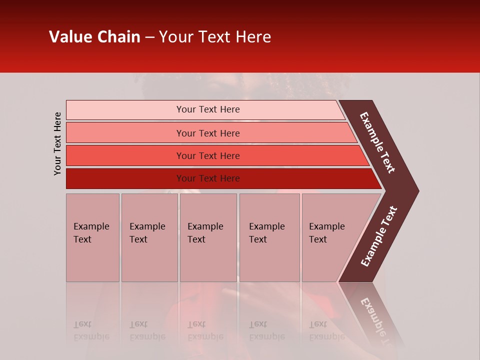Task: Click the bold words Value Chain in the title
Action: point(94,37)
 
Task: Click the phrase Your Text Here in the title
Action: point(215,37)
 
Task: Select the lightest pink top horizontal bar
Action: point(125,109)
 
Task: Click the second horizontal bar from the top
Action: point(125,133)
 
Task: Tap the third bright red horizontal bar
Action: point(125,155)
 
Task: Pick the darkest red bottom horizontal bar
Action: point(125,178)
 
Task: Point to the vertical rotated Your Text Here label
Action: point(57,143)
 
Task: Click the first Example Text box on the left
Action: point(92,237)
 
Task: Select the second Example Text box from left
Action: point(149,237)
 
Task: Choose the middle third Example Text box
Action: point(208,237)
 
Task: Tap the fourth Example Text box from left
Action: point(269,237)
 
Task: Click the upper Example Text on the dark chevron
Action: point(377,142)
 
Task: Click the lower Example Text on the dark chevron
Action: point(379,236)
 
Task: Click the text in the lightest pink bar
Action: point(208,109)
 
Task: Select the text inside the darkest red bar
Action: point(208,178)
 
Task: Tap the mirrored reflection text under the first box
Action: point(91,330)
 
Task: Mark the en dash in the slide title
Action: point(149,37)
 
